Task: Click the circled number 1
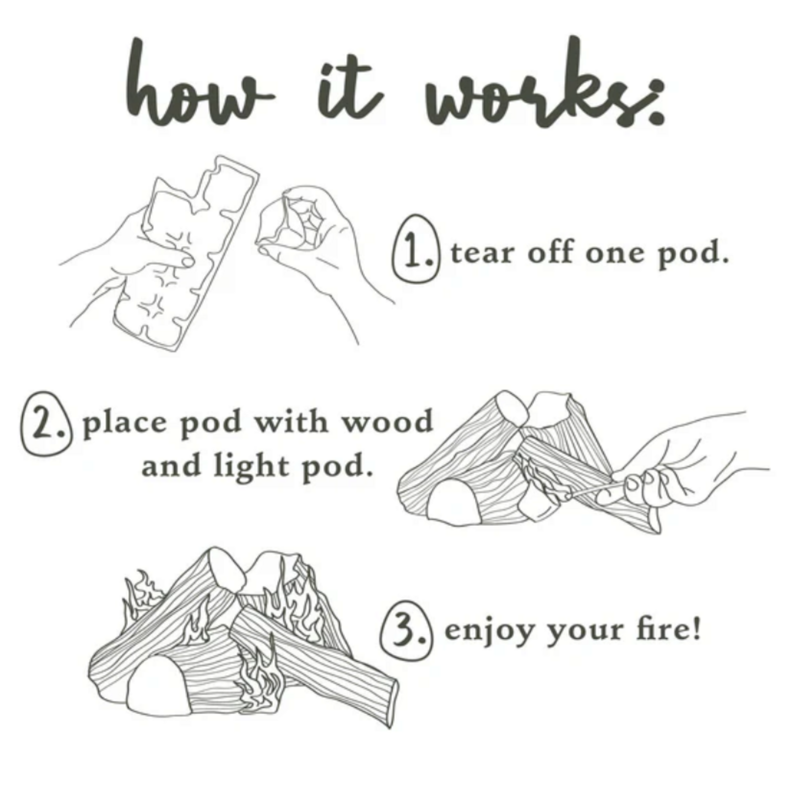[415, 249]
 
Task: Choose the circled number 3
[406, 630]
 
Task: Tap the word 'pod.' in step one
[693, 254]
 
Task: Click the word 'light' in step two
[251, 466]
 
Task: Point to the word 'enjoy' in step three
[489, 632]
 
